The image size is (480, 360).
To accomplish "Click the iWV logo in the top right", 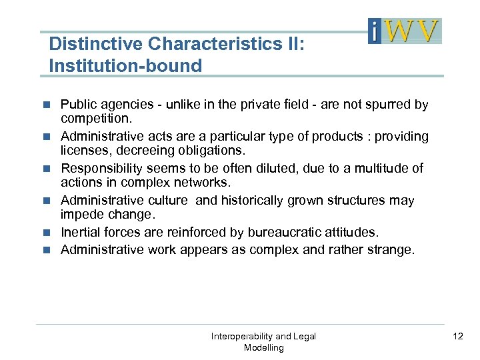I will [x=405, y=31].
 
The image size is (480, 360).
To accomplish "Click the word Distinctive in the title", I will [x=95, y=44].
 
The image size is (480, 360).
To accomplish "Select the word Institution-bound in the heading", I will [x=125, y=65].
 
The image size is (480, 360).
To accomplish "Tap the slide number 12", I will [x=457, y=336].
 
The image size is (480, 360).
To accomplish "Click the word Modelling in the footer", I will [x=263, y=347].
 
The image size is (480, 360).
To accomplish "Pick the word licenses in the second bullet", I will [x=83, y=150].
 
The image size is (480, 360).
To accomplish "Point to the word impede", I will [x=81, y=214].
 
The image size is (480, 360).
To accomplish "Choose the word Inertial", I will [x=83, y=233].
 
